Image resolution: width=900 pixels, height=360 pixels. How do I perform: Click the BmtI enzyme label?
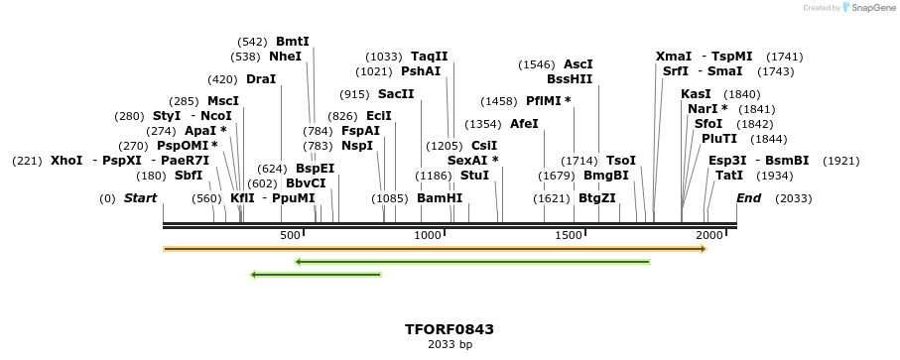pos(293,42)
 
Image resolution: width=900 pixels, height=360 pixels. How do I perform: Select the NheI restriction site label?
pos(285,57)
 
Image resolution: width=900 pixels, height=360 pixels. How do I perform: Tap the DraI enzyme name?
pos(261,79)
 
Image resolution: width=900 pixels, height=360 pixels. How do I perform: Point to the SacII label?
pos(396,94)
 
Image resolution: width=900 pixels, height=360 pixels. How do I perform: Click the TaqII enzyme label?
pos(430,57)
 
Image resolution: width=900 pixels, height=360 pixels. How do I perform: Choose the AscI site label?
pos(579,64)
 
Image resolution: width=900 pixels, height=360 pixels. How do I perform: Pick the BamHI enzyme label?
pos(440,198)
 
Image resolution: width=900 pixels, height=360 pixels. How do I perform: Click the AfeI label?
pos(524,124)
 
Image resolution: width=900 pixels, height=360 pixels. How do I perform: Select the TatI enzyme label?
pos(729,176)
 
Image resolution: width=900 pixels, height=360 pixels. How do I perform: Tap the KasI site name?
pos(696,94)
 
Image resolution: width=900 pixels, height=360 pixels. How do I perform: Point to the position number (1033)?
pos(384,57)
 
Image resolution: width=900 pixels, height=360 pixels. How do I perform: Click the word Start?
pos(140,198)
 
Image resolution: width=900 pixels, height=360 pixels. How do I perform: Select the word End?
pos(749,198)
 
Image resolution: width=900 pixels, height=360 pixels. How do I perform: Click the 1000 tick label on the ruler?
pos(428,235)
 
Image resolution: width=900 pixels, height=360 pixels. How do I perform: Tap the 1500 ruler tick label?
pos(569,235)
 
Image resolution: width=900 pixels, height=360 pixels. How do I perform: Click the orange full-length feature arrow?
pos(435,248)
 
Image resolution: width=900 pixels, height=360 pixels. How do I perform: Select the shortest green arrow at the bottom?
pos(316,275)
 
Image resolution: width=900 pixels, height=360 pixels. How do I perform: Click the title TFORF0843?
pos(450,329)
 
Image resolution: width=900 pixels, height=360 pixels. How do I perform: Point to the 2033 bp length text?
pos(450,345)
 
